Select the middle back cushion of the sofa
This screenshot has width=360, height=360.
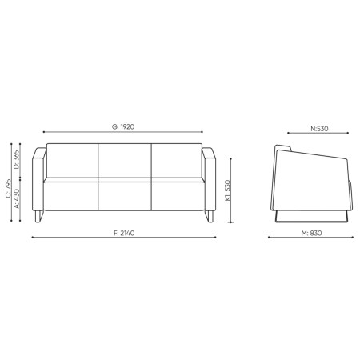point(125,162)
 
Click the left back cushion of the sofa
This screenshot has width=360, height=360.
point(73,162)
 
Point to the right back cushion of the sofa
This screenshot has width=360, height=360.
point(176,162)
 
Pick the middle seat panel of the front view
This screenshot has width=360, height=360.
point(125,196)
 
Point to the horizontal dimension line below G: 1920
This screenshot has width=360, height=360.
point(123,133)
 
